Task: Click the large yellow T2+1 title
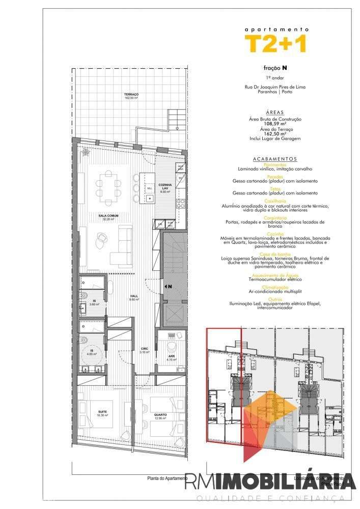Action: point(275,44)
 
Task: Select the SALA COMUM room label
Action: point(108,216)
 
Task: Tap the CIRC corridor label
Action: point(144,349)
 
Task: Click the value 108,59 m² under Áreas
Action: point(275,124)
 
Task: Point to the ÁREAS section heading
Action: point(274,112)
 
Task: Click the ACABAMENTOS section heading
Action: point(274,158)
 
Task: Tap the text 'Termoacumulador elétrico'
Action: point(275,279)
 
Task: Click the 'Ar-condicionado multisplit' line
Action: point(275,291)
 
